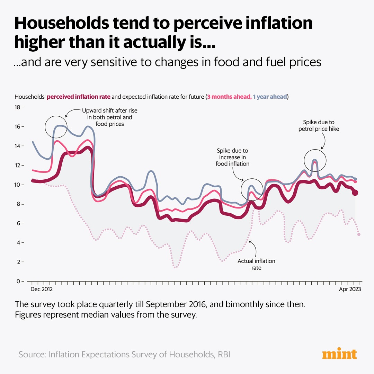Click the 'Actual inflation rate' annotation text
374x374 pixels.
click(x=256, y=264)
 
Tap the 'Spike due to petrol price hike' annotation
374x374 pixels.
click(x=319, y=126)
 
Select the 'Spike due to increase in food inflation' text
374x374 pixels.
click(x=232, y=157)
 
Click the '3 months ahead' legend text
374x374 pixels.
click(x=229, y=97)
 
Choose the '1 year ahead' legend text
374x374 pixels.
click(x=270, y=97)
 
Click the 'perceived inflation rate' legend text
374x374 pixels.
click(x=78, y=97)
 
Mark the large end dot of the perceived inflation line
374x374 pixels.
click(x=355, y=193)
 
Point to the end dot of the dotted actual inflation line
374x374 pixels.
click(x=359, y=234)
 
